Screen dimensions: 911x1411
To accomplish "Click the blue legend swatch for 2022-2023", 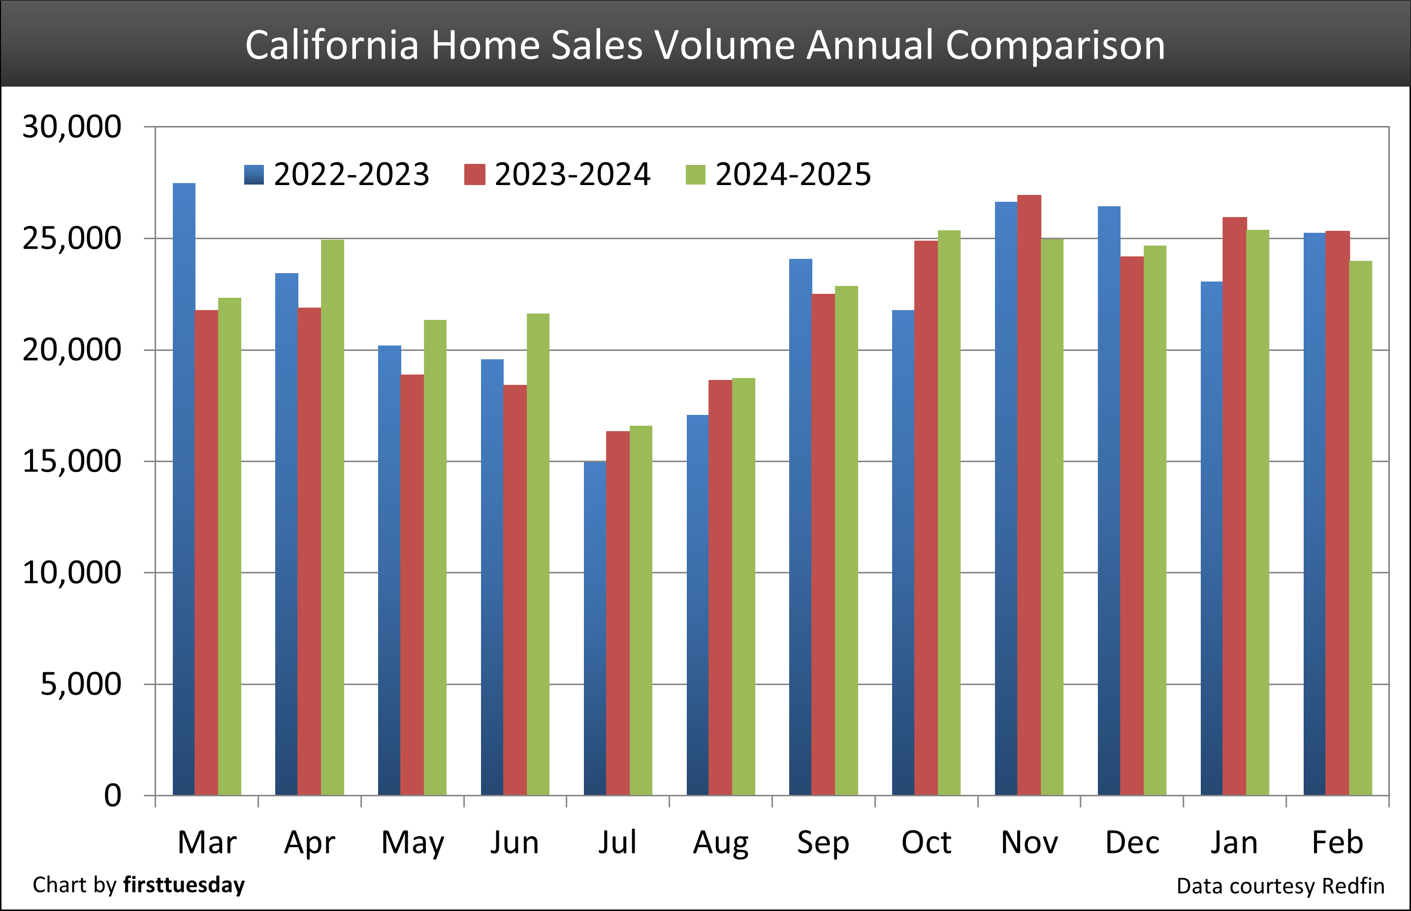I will coord(254,175).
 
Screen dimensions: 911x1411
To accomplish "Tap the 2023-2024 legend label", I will coord(572,175).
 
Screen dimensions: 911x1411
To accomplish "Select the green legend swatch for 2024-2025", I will coord(695,175).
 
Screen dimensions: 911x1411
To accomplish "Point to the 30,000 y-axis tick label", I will coord(71,126).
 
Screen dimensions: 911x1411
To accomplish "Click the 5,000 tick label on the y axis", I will coord(80,685).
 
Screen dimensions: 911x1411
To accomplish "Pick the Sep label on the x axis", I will coord(823,843).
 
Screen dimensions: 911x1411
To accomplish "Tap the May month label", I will coord(413,843).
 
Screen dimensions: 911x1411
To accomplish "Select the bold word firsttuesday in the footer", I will coord(184,885).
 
